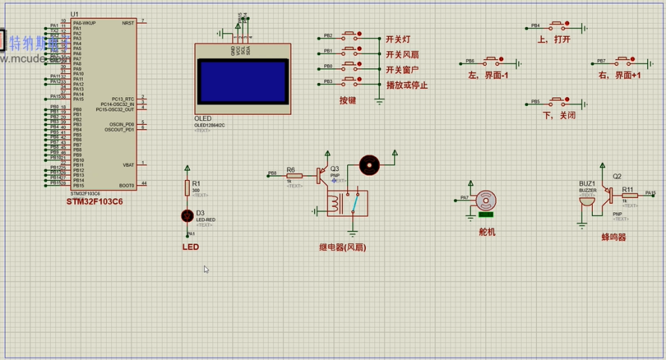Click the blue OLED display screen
(x=243, y=81)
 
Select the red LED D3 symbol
(x=187, y=215)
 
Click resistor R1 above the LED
(x=187, y=188)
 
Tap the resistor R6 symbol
(x=294, y=176)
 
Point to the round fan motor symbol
(x=369, y=165)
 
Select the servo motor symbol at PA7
(x=487, y=199)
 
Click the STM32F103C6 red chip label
(x=94, y=202)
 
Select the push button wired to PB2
(x=349, y=35)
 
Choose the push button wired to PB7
(x=623, y=60)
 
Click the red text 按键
(x=348, y=99)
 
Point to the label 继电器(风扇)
(x=342, y=247)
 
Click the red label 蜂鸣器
(x=614, y=237)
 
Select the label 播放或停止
(x=407, y=85)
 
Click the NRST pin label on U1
(x=128, y=23)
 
